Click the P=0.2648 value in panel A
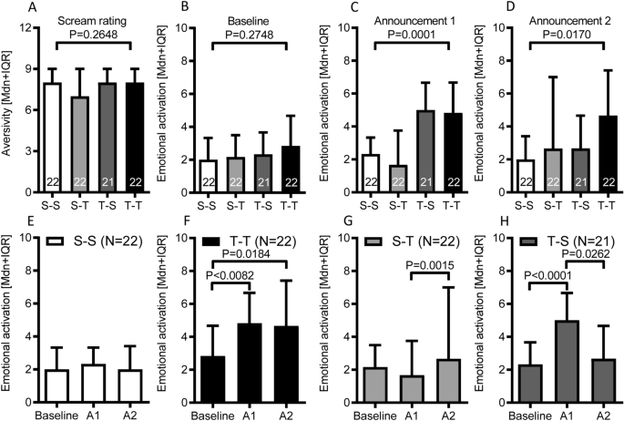[89, 36]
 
